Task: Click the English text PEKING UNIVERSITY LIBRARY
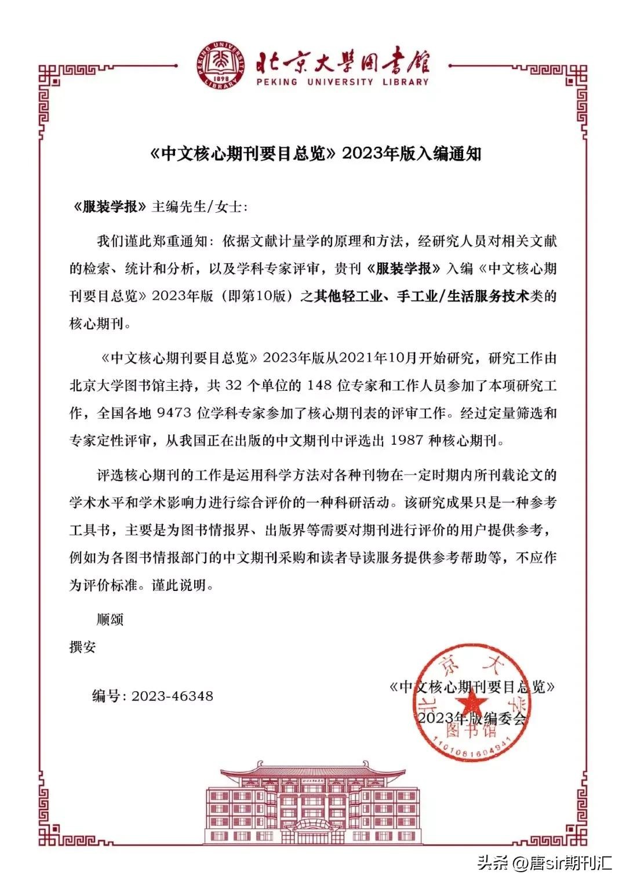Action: point(342,82)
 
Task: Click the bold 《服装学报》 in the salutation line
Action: point(109,206)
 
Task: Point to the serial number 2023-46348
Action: point(172,696)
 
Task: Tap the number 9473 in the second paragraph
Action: point(174,413)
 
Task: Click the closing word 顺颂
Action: point(110,619)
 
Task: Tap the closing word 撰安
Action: point(82,647)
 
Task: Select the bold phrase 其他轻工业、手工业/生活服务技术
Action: point(421,296)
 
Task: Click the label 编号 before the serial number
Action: point(106,696)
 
